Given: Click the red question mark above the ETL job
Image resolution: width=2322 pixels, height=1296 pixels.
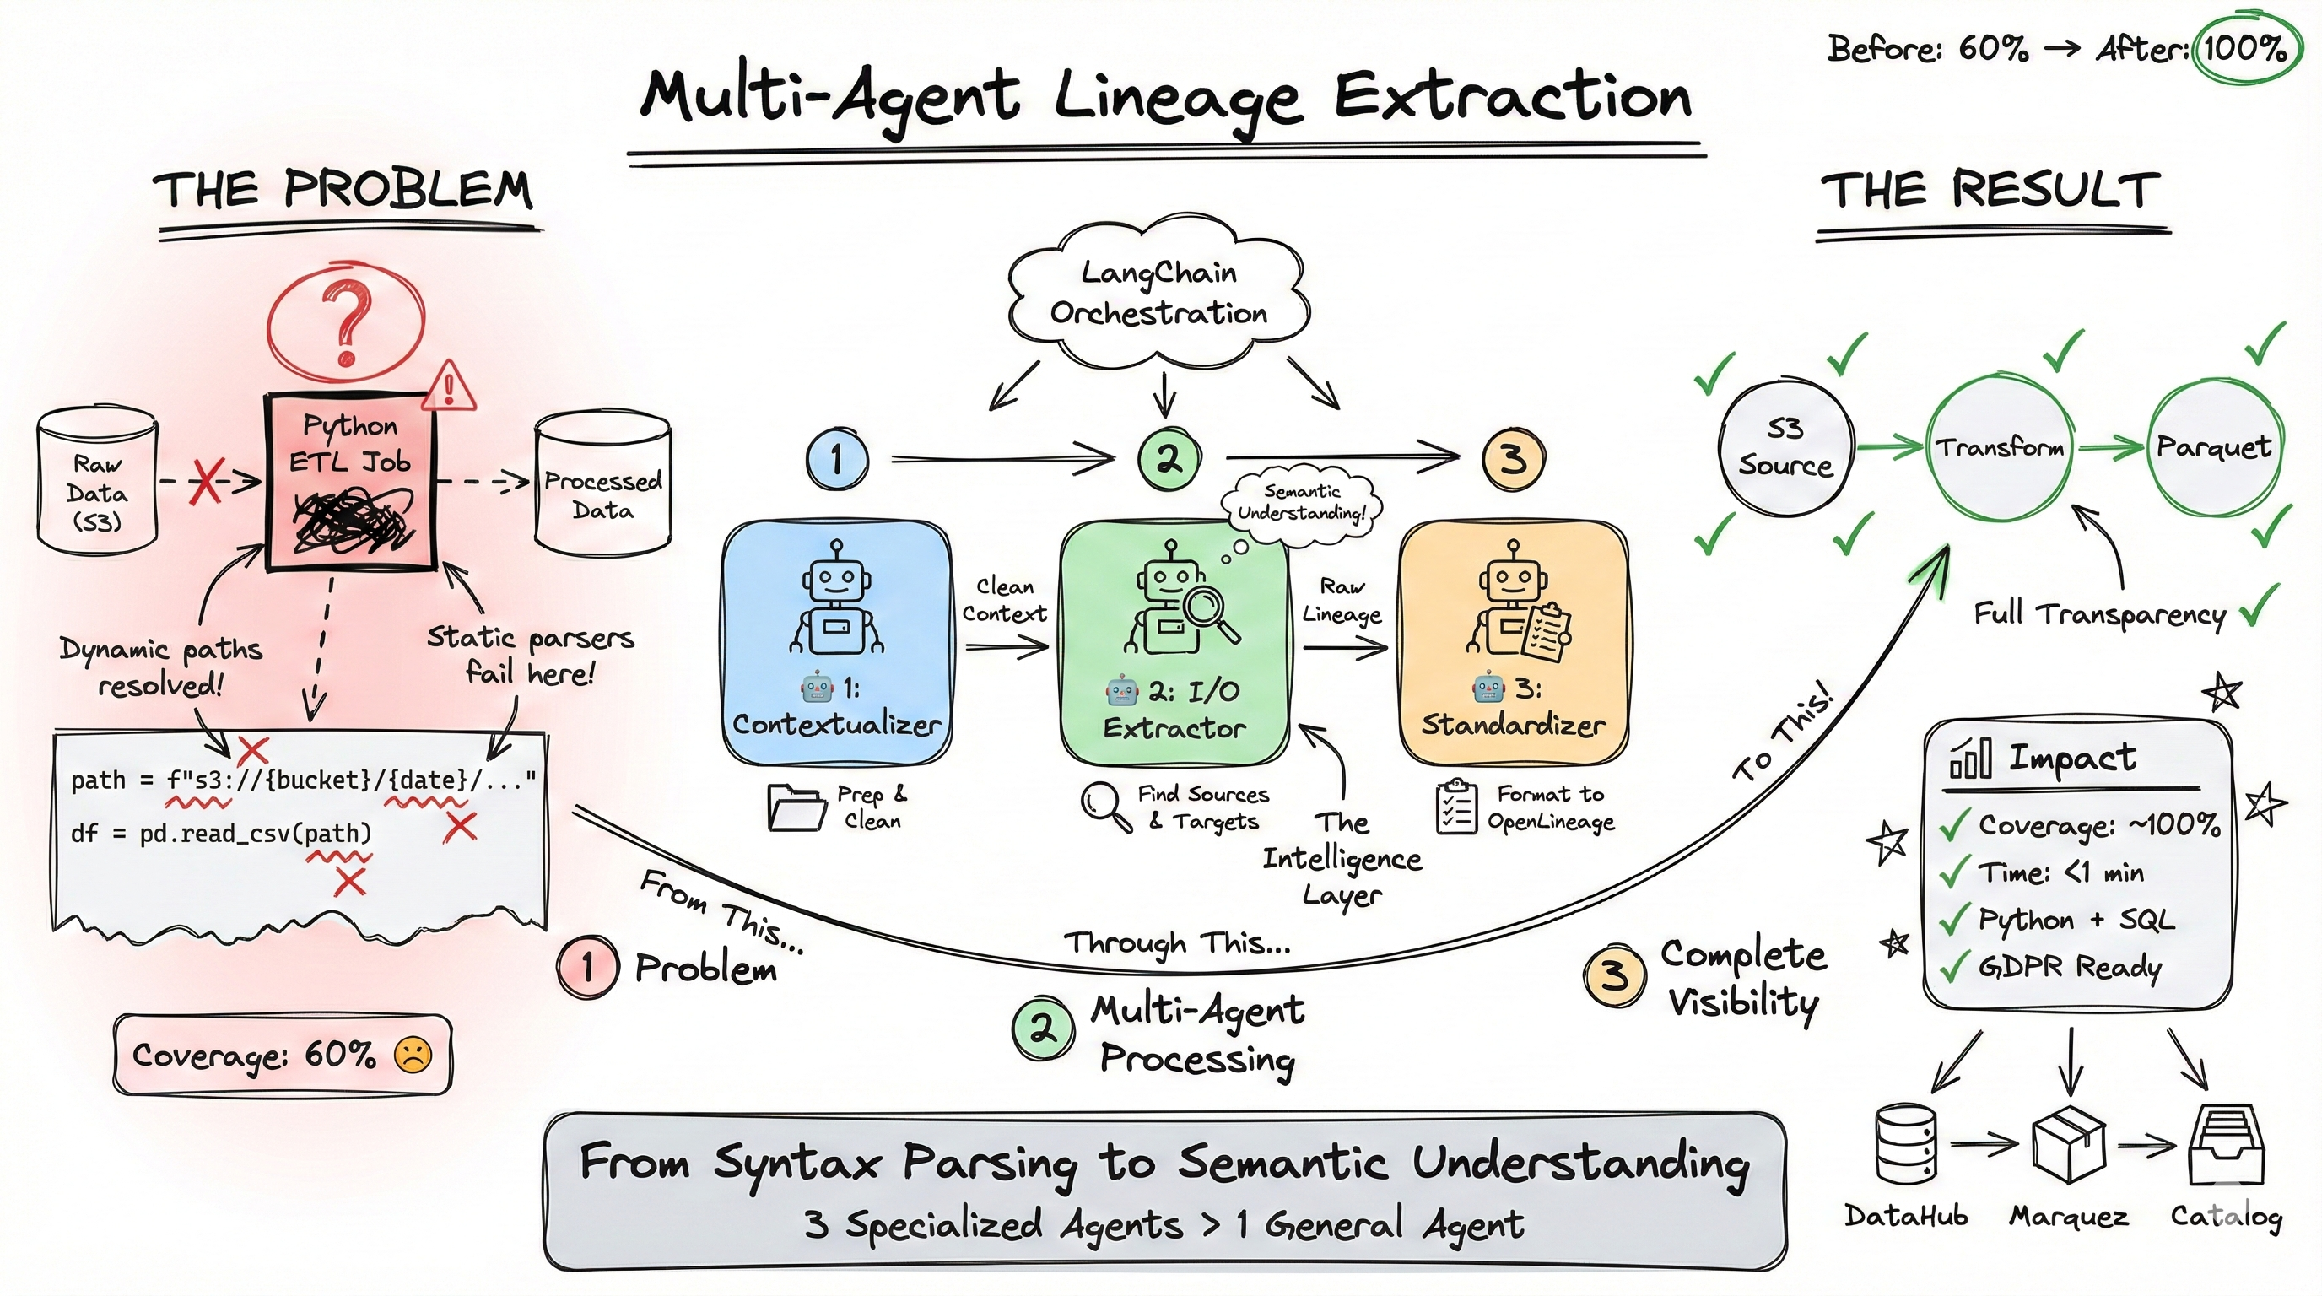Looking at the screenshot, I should click(347, 322).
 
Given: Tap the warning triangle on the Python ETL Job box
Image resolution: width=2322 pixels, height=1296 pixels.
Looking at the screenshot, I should click(448, 387).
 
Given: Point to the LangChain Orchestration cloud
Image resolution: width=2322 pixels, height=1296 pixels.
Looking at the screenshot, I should click(1158, 293).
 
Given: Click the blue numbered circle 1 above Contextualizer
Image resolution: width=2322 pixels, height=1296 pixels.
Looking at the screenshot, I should click(836, 459).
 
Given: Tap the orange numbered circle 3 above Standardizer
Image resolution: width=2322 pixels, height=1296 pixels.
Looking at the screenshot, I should click(1514, 459).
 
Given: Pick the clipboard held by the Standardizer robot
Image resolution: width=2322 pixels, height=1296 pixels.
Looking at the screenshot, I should click(1547, 632).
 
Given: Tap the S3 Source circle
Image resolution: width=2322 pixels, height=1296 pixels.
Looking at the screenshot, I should click(1785, 448).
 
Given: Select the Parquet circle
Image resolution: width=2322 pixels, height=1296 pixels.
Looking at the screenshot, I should click(2213, 448).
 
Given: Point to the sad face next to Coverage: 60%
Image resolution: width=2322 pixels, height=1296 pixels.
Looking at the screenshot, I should click(413, 1055).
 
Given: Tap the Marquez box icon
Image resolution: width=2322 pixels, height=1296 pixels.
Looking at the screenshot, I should click(2068, 1146).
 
